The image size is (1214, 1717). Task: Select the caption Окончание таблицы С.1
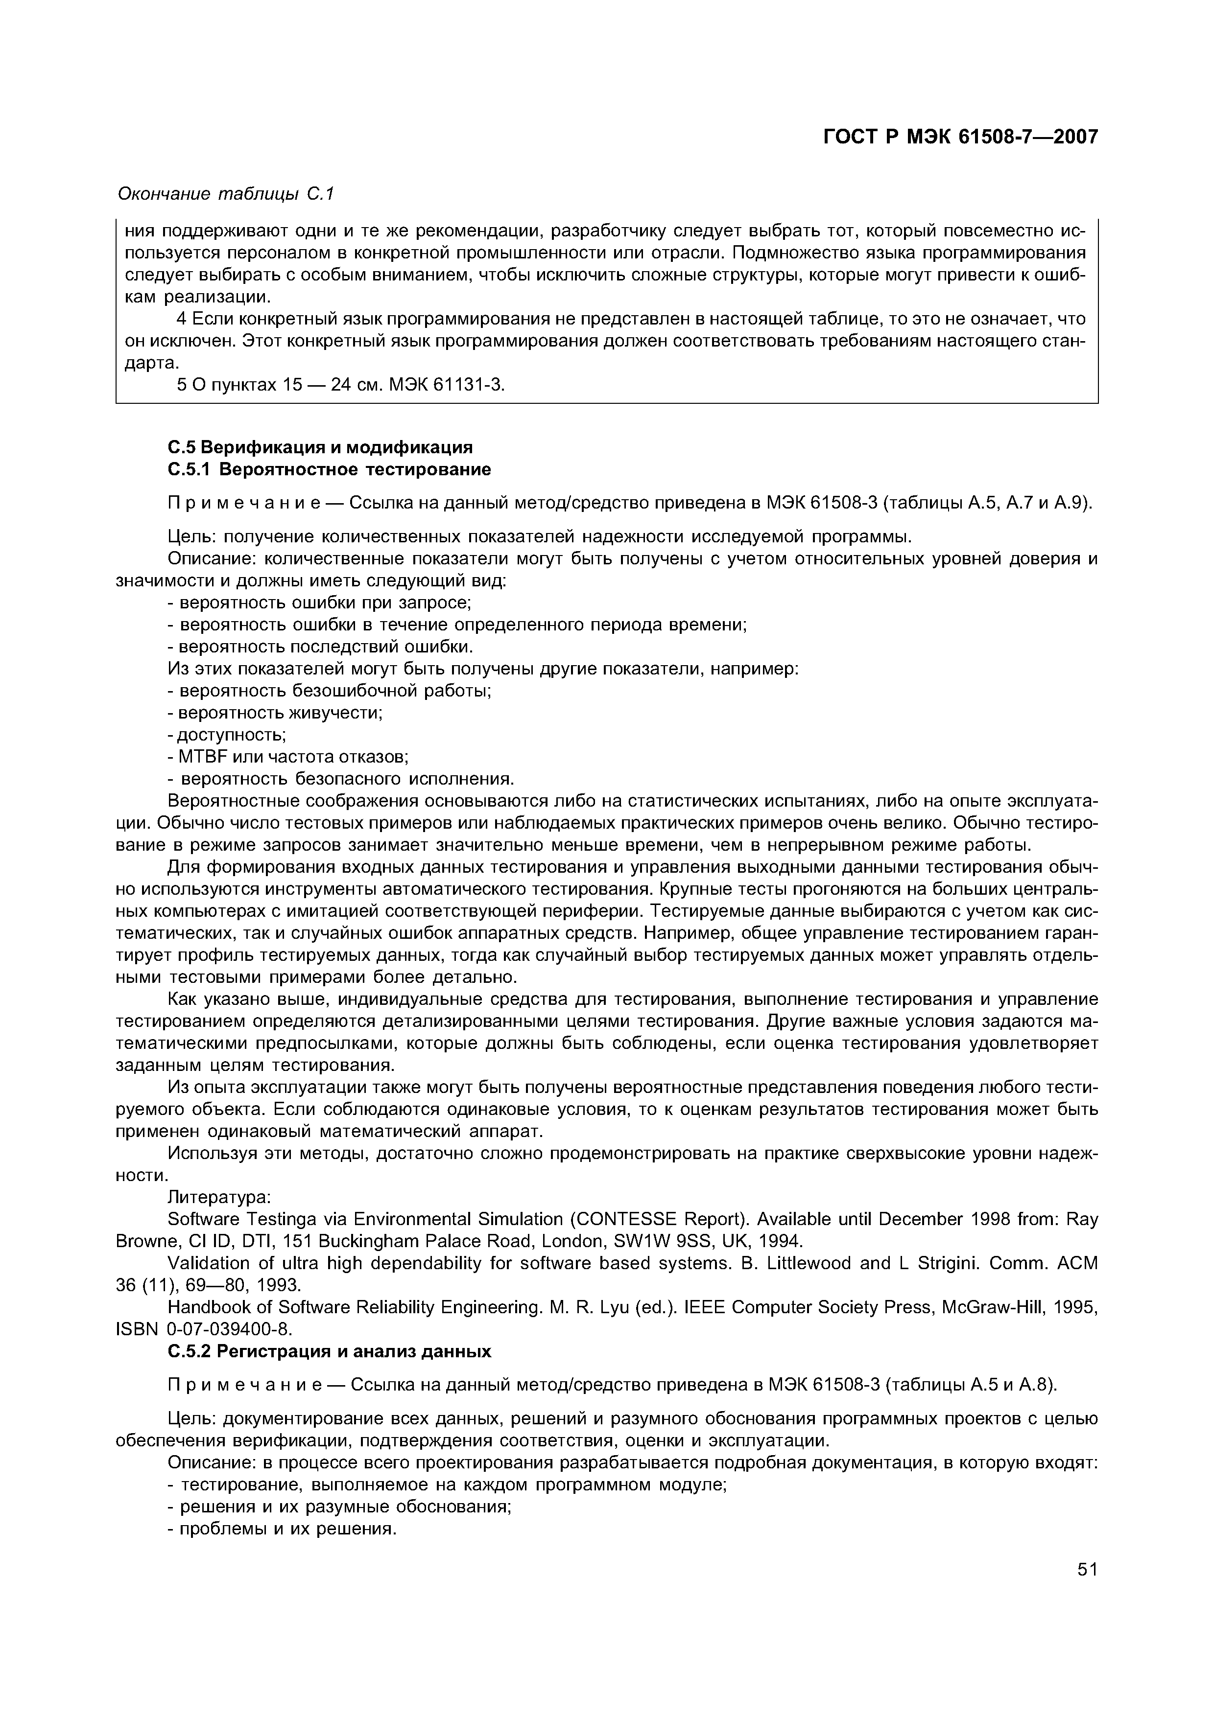pyautogui.click(x=225, y=194)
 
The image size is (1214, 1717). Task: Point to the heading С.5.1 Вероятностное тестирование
pyautogui.click(x=329, y=470)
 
